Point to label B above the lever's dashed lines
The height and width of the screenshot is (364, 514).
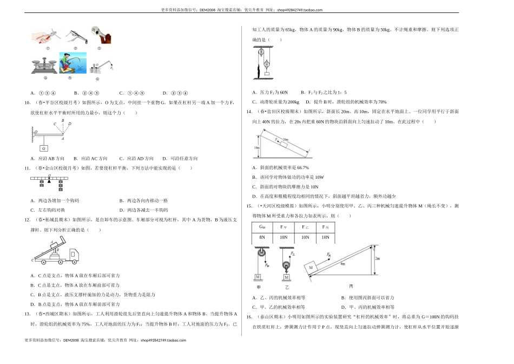pyautogui.click(x=63, y=120)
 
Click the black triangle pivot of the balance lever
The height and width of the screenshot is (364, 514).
pyautogui.click(x=49, y=182)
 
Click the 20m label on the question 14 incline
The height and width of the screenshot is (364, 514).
pyautogui.click(x=285, y=139)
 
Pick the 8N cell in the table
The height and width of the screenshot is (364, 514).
pyautogui.click(x=262, y=237)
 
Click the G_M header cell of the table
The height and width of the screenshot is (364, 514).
pyautogui.click(x=262, y=227)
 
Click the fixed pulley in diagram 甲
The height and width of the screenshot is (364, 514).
pyautogui.click(x=259, y=252)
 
